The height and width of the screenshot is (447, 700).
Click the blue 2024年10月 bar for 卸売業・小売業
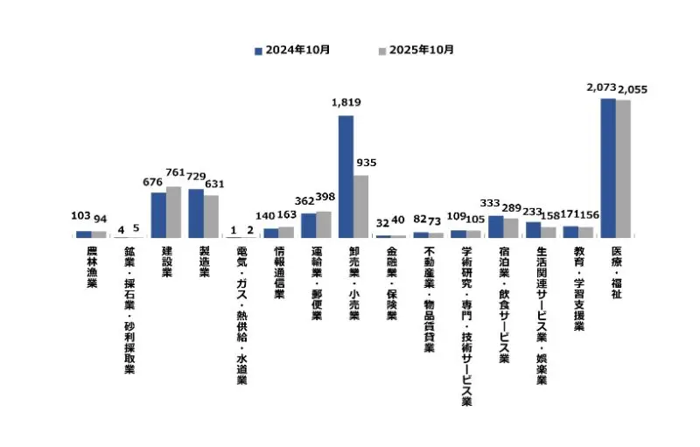[x=346, y=177]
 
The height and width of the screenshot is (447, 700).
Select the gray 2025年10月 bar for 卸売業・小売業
[x=360, y=206]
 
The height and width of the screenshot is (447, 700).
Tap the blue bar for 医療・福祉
[x=608, y=168]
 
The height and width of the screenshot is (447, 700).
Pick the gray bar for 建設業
[x=173, y=212]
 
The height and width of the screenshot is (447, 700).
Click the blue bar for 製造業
[x=196, y=213]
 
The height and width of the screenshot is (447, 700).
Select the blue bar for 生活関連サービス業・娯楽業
[x=533, y=230]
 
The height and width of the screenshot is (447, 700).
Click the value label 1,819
[x=346, y=102]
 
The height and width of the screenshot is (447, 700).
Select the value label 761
[x=176, y=172]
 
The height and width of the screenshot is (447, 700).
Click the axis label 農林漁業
[x=92, y=272]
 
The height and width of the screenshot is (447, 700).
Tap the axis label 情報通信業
[x=279, y=273]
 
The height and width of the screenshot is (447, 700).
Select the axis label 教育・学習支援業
[x=578, y=289]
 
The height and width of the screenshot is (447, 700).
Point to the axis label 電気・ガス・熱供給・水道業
[x=241, y=316]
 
